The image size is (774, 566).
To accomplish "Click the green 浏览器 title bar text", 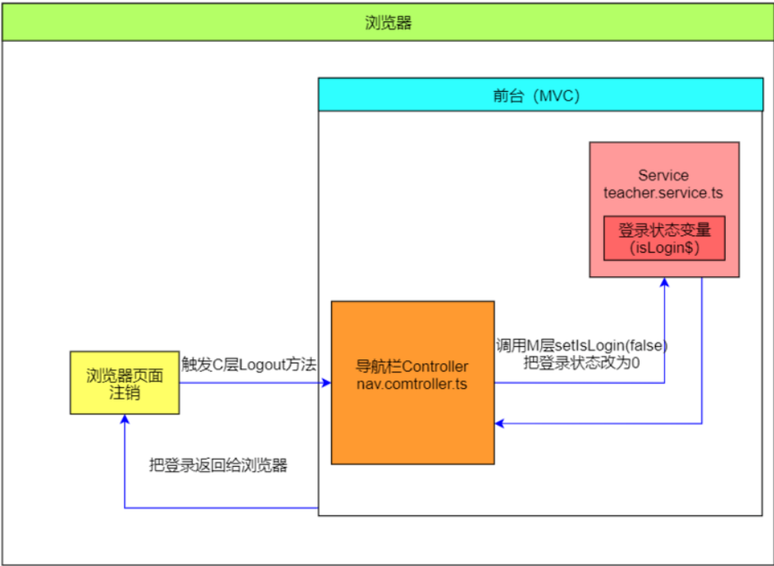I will [x=387, y=23].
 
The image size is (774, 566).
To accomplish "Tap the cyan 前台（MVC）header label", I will [x=542, y=96].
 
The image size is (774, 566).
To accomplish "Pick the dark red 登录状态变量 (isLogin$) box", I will [x=664, y=239].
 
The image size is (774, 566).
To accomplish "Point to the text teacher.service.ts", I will [x=663, y=193].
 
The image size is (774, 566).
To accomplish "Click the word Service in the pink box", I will [x=663, y=176].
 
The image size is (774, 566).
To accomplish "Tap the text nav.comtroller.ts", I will [x=412, y=384].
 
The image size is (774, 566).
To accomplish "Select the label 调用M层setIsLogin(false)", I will [x=581, y=346].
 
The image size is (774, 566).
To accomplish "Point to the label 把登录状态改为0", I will [x=581, y=363].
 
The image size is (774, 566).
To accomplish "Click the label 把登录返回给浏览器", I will [x=218, y=465].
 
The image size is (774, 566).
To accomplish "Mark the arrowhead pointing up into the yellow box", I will [x=124, y=418].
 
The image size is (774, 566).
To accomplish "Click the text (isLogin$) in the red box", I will [x=664, y=248].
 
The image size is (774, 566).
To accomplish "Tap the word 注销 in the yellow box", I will [x=125, y=393].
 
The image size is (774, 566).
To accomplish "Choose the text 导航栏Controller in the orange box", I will [x=412, y=366].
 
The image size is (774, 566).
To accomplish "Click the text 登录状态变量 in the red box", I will [x=664, y=231].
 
